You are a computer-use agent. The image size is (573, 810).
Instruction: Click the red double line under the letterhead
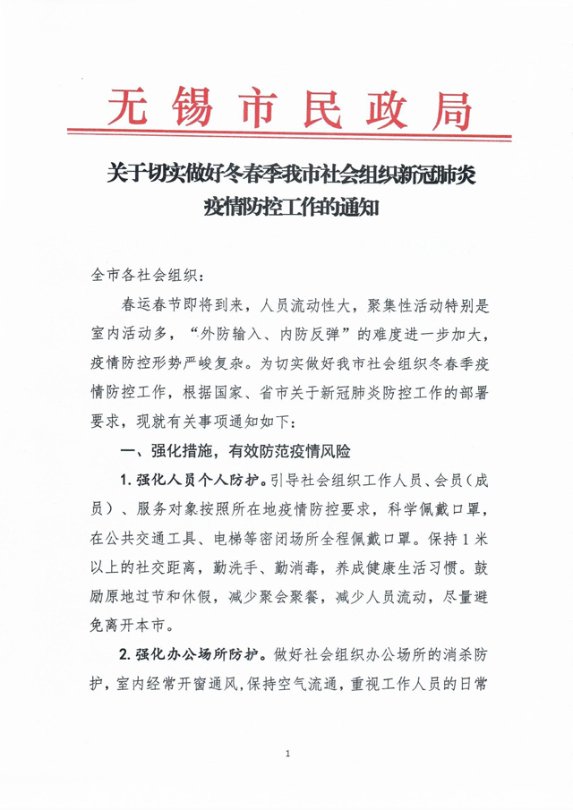pyautogui.click(x=286, y=138)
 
